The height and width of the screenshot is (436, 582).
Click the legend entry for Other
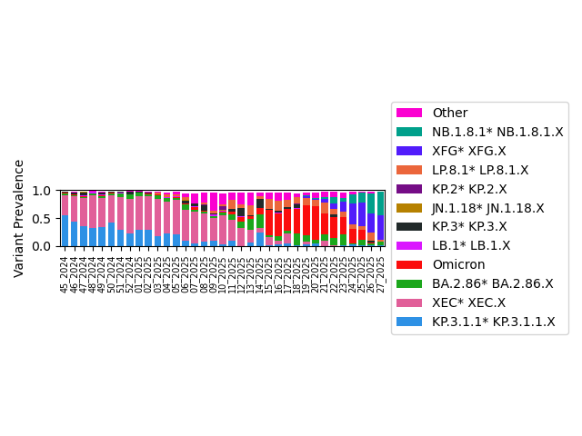[x=449, y=113]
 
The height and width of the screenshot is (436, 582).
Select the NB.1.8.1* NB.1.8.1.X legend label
[x=497, y=132]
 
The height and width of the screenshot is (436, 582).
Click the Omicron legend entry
[x=458, y=264]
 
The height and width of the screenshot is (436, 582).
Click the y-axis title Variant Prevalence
[x=19, y=218]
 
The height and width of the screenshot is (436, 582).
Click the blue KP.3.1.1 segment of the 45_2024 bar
[x=65, y=232]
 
